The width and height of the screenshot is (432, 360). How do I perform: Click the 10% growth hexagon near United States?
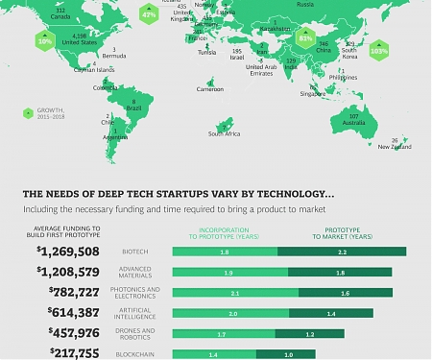(x=44, y=42)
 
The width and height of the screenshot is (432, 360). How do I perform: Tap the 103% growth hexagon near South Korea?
(x=378, y=48)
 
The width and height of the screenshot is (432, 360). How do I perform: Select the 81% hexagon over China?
(x=305, y=39)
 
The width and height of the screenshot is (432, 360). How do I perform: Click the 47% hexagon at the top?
(x=149, y=15)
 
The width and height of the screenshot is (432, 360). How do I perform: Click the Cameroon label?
(x=209, y=89)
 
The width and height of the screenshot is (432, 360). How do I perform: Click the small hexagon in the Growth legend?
(x=29, y=111)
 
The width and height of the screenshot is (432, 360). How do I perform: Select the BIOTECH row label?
(x=135, y=252)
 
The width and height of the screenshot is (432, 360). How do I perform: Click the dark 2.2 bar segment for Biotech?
(x=342, y=252)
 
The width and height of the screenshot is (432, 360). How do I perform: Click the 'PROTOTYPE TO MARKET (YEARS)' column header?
(x=341, y=233)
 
